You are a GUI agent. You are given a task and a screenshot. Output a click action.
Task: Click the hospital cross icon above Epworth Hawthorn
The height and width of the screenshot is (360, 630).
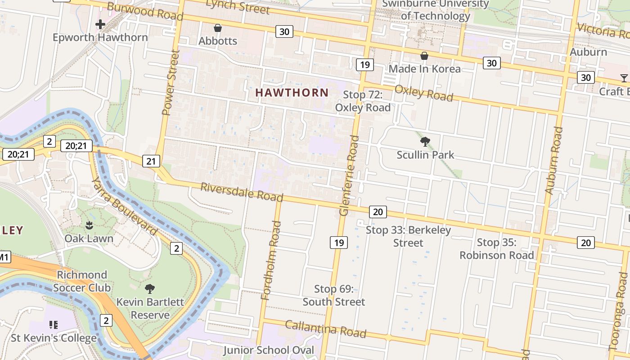click(x=100, y=24)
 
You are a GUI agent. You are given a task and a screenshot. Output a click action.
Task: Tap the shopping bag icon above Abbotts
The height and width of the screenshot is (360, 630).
click(x=218, y=28)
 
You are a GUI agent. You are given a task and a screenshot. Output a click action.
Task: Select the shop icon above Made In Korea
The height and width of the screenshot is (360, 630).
click(x=424, y=56)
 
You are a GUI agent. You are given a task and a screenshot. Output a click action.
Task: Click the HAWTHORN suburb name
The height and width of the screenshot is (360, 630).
click(x=292, y=92)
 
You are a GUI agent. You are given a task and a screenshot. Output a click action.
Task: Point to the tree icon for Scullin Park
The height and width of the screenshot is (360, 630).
click(x=425, y=142)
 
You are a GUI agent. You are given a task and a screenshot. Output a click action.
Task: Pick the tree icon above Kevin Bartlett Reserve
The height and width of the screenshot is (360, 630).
click(x=150, y=288)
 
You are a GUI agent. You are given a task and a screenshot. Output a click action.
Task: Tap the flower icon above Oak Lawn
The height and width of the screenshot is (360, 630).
click(x=89, y=225)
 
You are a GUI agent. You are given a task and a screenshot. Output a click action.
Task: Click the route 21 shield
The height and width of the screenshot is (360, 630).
click(x=151, y=161)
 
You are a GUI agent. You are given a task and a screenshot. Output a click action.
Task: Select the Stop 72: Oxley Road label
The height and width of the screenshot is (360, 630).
click(x=363, y=101)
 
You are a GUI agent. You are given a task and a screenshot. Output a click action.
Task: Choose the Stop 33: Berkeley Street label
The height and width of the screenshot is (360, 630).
click(x=408, y=236)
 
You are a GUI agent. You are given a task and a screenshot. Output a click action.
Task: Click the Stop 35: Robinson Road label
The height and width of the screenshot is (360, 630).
click(x=496, y=248)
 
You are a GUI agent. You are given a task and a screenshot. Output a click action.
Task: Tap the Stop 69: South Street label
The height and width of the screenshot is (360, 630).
click(x=333, y=295)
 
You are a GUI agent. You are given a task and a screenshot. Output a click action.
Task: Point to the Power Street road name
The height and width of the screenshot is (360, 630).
click(x=171, y=82)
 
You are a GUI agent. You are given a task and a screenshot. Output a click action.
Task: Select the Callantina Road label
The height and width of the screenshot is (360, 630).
click(x=325, y=328)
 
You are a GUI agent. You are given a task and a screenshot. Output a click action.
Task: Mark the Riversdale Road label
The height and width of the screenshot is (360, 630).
click(x=242, y=192)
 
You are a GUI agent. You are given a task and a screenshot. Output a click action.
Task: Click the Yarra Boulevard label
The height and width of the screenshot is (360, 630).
click(x=125, y=206)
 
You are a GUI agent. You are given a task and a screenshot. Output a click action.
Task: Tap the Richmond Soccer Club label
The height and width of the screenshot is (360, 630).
click(x=82, y=281)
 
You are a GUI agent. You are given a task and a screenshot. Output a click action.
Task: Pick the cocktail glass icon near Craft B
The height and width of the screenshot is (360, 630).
click(x=624, y=78)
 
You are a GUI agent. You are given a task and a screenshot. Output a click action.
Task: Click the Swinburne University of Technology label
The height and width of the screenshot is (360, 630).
click(x=435, y=10)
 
